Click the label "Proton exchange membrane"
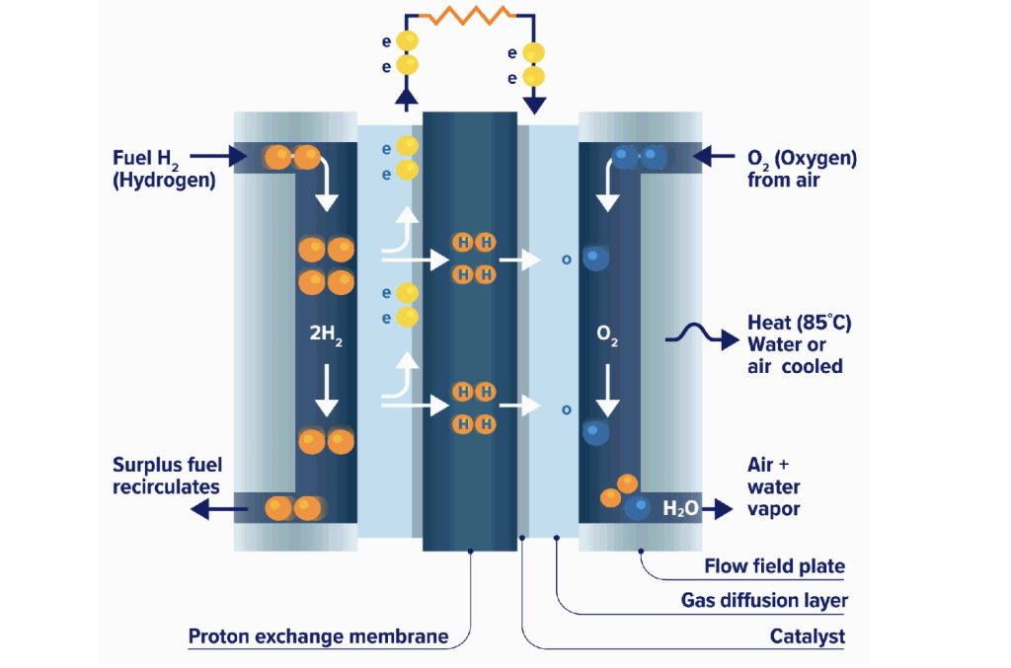point(318,636)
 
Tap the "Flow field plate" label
point(775,566)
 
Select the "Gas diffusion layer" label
point(764,600)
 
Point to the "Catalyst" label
point(808,636)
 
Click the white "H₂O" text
point(681,509)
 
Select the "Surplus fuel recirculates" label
point(167,476)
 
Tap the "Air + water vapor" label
point(774,485)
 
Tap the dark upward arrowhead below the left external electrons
point(405,96)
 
